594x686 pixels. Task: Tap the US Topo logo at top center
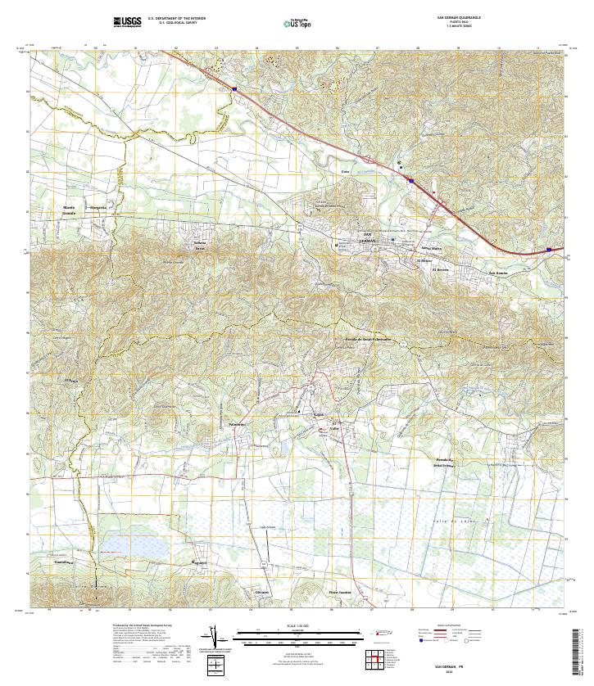[x=297, y=24]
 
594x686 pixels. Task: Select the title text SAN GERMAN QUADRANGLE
[x=459, y=17]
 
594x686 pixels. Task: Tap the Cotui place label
[x=346, y=171]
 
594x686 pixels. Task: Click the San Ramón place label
[x=498, y=273]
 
